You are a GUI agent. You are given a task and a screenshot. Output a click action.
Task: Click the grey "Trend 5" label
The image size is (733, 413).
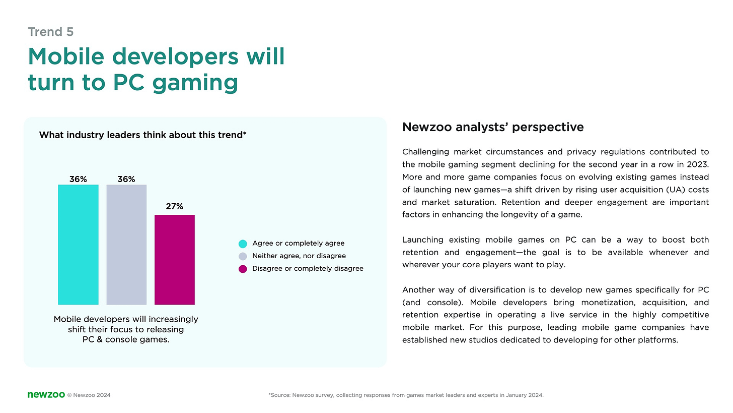click(50, 32)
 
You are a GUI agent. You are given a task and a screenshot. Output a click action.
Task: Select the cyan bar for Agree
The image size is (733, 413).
click(78, 245)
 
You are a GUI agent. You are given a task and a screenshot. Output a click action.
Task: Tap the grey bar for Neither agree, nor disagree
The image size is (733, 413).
click(126, 245)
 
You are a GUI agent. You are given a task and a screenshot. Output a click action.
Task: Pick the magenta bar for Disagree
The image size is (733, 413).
click(174, 260)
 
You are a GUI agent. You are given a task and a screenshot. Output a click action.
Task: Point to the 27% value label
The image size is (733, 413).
click(174, 206)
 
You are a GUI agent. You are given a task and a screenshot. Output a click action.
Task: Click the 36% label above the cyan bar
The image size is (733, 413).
click(78, 179)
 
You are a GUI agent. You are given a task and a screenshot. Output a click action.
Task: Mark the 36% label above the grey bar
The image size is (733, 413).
click(126, 179)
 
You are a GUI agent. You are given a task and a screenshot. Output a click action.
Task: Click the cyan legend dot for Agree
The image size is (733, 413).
click(243, 244)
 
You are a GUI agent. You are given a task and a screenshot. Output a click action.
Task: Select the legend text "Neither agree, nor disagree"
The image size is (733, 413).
click(299, 256)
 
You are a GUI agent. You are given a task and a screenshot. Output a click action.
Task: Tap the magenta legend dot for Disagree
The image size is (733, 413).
click(243, 269)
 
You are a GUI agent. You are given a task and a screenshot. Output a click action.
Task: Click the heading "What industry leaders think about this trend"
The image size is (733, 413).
click(142, 135)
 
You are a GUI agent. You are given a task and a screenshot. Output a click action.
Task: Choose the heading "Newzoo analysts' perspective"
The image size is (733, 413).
click(493, 127)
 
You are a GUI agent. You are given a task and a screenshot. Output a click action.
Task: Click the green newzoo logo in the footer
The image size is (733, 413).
click(46, 395)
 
